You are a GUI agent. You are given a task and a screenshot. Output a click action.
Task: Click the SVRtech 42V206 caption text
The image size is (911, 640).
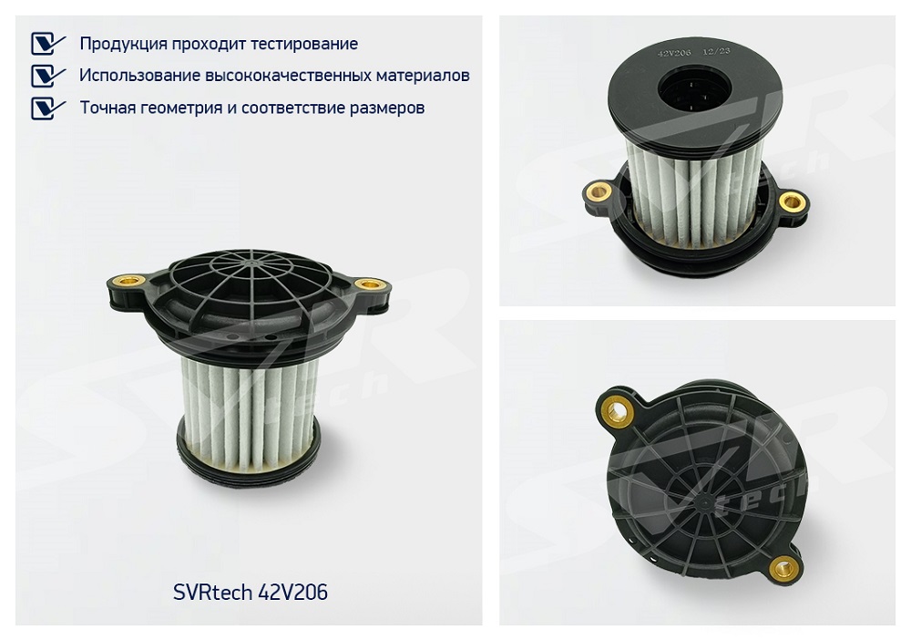point(251,593)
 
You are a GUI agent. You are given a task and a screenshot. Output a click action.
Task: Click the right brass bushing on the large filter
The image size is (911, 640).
point(366,284)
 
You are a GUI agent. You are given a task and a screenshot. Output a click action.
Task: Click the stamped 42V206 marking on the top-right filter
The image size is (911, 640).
point(674,53)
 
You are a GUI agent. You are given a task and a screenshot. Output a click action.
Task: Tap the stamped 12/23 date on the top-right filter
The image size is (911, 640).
point(716,51)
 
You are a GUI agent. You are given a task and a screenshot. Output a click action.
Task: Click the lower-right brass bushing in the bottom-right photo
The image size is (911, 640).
point(782,568)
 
